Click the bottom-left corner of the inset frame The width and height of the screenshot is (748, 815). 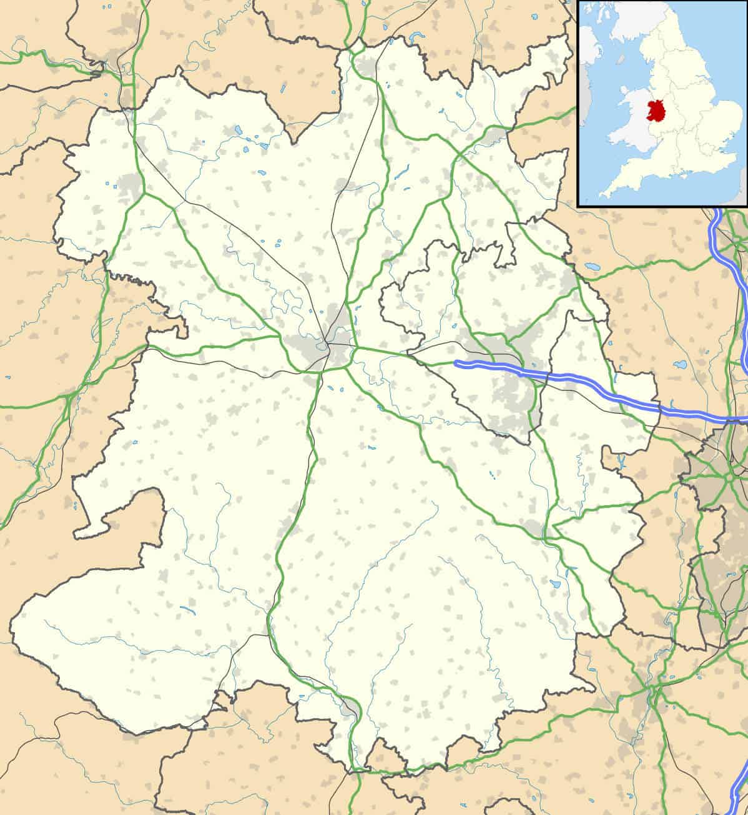579,205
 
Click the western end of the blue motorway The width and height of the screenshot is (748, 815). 457,362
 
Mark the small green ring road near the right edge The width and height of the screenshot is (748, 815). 729,478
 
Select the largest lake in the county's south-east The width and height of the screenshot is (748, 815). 555,585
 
